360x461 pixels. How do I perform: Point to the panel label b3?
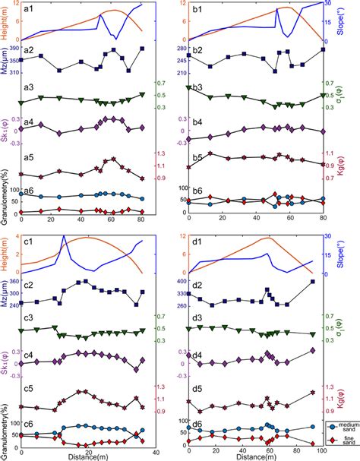197,88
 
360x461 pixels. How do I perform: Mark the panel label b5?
197,157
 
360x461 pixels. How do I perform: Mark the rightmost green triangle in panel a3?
142,95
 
